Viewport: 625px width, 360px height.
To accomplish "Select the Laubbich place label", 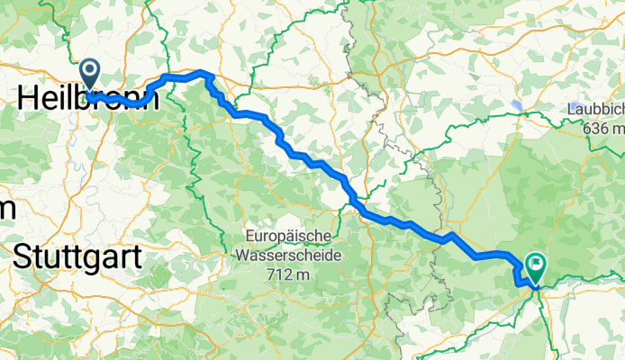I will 595,109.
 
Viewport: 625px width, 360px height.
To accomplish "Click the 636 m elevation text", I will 602,128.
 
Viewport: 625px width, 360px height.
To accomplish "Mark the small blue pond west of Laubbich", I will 517,105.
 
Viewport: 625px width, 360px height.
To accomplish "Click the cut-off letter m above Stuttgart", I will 6,209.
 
